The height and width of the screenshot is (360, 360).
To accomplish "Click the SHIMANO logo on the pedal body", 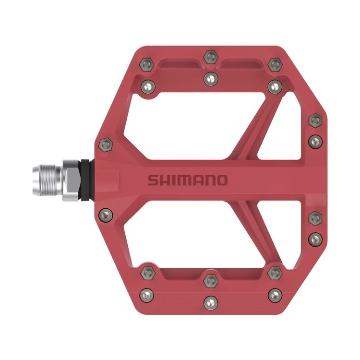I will pyautogui.click(x=187, y=180).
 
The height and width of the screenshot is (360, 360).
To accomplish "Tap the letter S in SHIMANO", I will pyautogui.click(x=152, y=180).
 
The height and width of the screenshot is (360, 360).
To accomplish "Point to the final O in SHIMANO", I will pyautogui.click(x=222, y=180).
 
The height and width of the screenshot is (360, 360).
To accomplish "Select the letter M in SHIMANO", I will pyautogui.click(x=181, y=180).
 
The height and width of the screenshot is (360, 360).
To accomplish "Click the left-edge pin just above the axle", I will pyautogui.click(x=105, y=143).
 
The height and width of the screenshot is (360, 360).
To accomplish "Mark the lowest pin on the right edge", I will pyautogui.click(x=314, y=238).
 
